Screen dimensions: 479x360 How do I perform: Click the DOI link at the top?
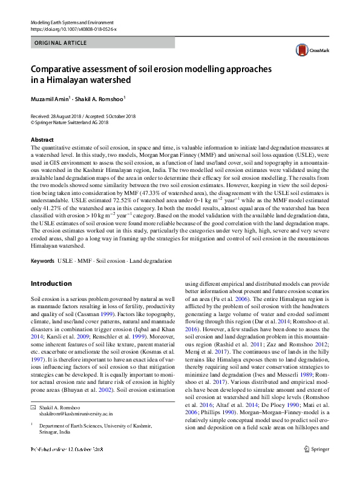pos(73,28)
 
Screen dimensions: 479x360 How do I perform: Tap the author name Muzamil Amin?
pos(50,97)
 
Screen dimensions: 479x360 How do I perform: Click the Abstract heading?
pos(42,140)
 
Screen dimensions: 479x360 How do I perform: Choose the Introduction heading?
pos(51,283)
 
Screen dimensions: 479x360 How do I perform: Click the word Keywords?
pos(42,261)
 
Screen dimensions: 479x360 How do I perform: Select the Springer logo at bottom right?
pos(316,466)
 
